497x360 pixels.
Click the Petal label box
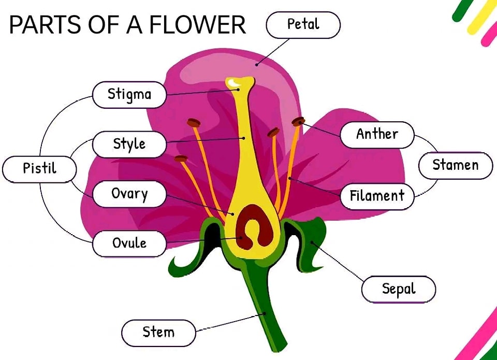click(303, 25)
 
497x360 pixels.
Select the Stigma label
click(129, 95)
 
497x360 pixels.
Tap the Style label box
click(129, 145)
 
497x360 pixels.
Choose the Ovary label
click(129, 194)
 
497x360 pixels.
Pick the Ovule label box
click(129, 243)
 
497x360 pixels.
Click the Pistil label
click(39, 169)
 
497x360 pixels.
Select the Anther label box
click(377, 135)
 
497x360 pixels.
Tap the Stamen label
click(456, 166)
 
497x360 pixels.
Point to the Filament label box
click(377, 196)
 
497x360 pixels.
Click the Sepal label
click(399, 289)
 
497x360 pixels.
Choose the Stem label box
click(158, 333)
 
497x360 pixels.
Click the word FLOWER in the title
click(198, 25)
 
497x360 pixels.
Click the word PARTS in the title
click(45, 25)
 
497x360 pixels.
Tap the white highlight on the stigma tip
click(234, 83)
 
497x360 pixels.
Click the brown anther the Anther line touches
click(298, 121)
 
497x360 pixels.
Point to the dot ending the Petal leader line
click(256, 65)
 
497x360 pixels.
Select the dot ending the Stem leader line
click(264, 314)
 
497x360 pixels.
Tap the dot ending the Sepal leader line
click(312, 242)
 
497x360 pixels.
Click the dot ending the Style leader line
click(244, 138)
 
